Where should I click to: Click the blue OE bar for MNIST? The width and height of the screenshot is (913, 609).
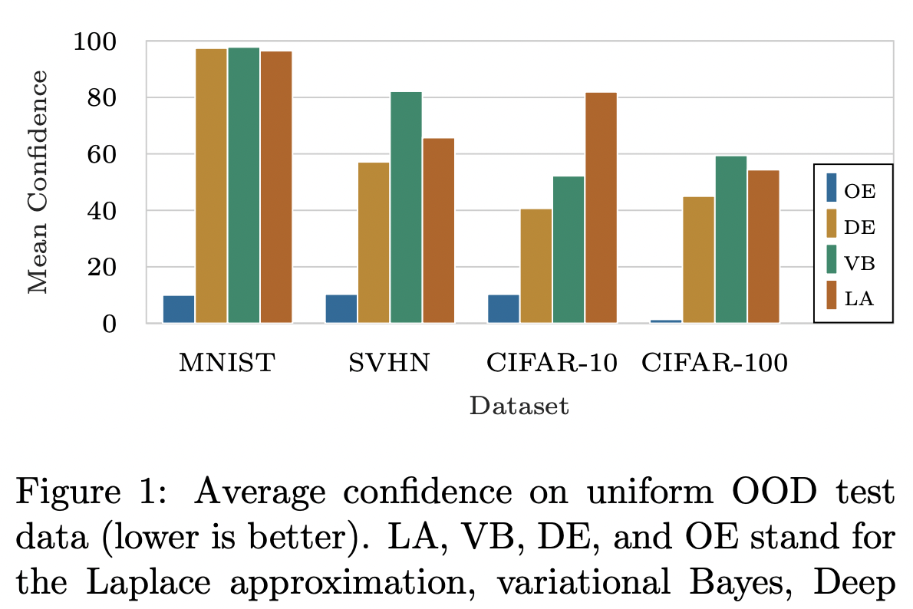click(x=179, y=309)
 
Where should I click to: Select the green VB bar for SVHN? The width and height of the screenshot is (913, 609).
click(x=406, y=207)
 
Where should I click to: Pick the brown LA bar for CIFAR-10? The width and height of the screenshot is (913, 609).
click(x=601, y=207)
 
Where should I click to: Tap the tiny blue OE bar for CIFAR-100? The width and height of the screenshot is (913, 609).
click(x=666, y=321)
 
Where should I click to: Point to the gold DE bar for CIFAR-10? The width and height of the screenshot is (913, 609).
click(x=536, y=265)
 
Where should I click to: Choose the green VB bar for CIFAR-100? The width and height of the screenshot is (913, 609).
click(x=731, y=239)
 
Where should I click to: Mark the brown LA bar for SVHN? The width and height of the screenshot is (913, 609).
click(x=438, y=230)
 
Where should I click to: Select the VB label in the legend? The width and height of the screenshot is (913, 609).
click(x=859, y=262)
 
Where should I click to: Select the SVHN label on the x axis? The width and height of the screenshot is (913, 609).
click(x=390, y=363)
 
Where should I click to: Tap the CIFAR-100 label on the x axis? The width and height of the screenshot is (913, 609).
click(x=714, y=363)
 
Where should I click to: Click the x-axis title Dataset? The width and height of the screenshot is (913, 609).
click(x=519, y=406)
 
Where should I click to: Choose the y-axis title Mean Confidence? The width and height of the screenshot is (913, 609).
click(x=37, y=182)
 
